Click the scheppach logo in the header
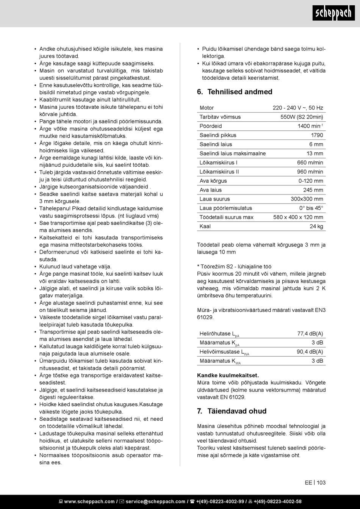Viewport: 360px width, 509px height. pos(333,13)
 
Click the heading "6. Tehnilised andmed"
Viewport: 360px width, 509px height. pos(235,92)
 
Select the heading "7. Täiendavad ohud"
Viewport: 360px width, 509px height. pos(232,411)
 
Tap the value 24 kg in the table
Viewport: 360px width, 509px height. pos(316,226)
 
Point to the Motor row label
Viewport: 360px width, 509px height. pos(207,108)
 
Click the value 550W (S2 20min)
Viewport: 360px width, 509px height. pos(302,117)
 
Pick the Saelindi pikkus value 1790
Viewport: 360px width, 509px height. pos(317,135)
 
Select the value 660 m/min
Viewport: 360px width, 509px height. pos(310,163)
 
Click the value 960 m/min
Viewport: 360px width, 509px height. pos(310,172)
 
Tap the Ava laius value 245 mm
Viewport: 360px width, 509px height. pos(313,190)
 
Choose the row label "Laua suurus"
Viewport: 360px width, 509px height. pos(215,199)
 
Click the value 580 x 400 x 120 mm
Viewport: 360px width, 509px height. pos(298,217)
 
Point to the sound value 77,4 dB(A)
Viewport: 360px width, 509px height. pos(310,334)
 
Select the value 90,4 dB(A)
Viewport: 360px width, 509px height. pos(310,352)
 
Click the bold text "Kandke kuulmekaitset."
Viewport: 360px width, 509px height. pos(228,376)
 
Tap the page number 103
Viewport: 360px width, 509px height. pos(321,482)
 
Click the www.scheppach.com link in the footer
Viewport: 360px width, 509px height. pos(89,501)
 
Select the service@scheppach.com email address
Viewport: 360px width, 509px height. pos(155,501)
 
